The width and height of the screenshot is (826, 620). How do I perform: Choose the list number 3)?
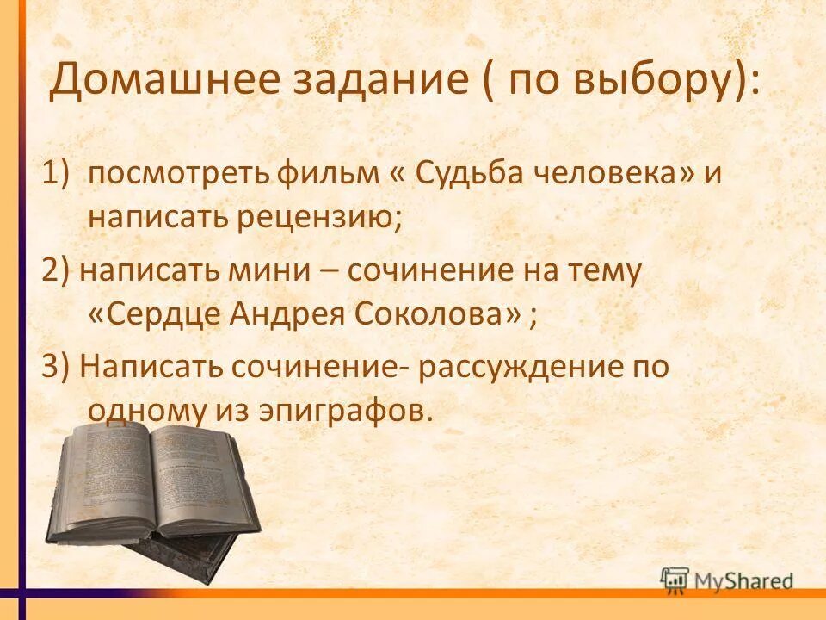pos(57,367)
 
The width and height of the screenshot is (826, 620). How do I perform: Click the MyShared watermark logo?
pos(728,579)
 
